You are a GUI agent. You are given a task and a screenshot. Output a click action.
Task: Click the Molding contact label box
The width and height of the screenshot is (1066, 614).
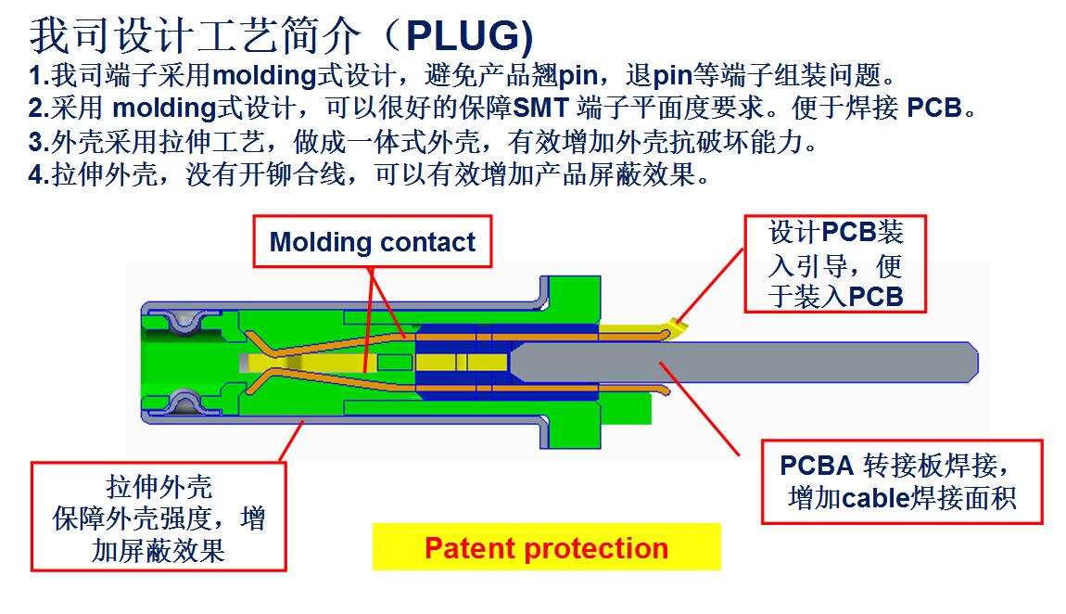tap(373, 241)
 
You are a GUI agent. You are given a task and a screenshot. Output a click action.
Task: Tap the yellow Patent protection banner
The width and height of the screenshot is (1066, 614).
tap(547, 547)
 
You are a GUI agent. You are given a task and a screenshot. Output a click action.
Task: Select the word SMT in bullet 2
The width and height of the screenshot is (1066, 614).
tap(540, 109)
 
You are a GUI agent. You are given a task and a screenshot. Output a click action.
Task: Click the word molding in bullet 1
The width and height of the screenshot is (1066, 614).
tap(264, 75)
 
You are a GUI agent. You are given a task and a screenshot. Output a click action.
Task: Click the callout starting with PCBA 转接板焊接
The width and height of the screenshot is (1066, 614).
tap(902, 482)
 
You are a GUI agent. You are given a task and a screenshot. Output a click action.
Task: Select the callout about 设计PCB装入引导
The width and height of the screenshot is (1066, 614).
tap(835, 263)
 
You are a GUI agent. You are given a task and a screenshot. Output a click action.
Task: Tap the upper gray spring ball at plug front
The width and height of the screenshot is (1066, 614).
tap(184, 322)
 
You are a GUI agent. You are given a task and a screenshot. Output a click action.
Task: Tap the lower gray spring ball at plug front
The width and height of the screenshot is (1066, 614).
tap(184, 403)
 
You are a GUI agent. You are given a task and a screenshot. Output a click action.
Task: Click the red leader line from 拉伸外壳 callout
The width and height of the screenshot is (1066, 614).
tap(291, 441)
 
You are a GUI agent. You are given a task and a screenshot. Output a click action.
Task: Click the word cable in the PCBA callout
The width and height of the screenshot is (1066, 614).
tap(876, 498)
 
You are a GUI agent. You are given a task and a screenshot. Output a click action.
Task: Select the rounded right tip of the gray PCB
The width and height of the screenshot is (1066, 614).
tap(975, 362)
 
